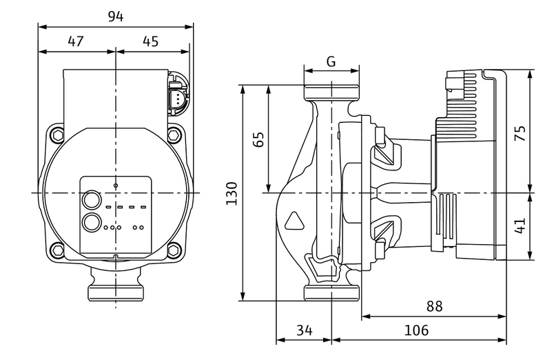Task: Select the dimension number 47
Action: tap(76, 41)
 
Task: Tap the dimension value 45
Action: tap(150, 41)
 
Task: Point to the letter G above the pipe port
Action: tap(331, 61)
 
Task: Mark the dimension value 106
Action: tap(415, 330)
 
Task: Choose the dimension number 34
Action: tap(304, 330)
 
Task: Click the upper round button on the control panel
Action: tap(91, 201)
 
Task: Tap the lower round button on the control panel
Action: tap(91, 223)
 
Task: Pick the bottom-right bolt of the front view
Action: tap(176, 250)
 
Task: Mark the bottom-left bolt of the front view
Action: tap(57, 250)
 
